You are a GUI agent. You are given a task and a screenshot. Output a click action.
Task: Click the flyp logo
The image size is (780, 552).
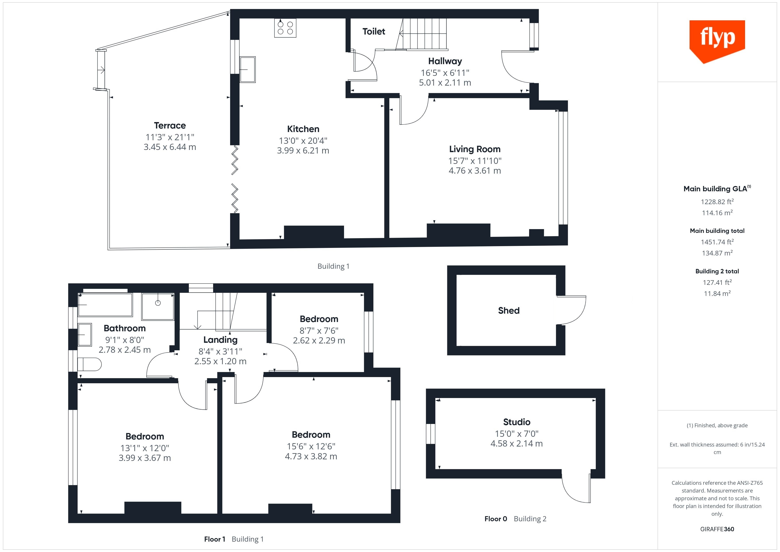(x=717, y=41)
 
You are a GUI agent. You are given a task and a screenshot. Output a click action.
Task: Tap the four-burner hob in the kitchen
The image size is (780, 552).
(x=285, y=28)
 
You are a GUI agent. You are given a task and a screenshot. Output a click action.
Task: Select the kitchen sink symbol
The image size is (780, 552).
(x=248, y=69)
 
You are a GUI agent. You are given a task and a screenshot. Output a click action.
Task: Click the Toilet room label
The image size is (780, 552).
(x=374, y=32)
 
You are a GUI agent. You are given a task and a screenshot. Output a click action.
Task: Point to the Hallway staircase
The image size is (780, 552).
(x=421, y=34)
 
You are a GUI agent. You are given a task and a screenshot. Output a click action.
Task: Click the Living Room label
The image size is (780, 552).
(x=475, y=149)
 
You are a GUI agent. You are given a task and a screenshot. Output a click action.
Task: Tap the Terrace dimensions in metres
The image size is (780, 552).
(x=170, y=147)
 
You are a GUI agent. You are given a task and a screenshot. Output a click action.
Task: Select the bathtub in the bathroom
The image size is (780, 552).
(x=105, y=305)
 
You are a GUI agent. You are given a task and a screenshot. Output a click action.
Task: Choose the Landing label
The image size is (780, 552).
(x=220, y=340)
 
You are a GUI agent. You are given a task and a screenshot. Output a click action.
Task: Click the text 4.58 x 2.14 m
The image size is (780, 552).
(x=516, y=444)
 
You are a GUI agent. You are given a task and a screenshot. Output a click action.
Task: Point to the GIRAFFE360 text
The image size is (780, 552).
(x=717, y=529)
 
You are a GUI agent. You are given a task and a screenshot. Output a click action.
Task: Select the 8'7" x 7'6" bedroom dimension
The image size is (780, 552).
(x=319, y=330)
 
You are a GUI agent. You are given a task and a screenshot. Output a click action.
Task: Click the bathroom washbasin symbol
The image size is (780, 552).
(x=85, y=334)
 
